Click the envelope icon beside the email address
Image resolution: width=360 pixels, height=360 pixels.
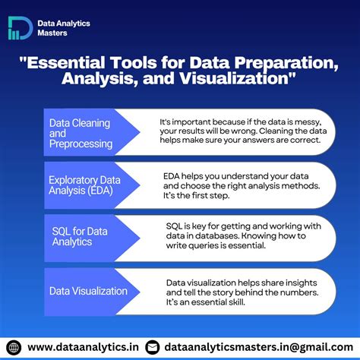[x=152, y=347]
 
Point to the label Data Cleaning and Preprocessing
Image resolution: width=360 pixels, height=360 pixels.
[x=80, y=132]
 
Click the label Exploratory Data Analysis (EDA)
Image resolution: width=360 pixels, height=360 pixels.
[x=84, y=185]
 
